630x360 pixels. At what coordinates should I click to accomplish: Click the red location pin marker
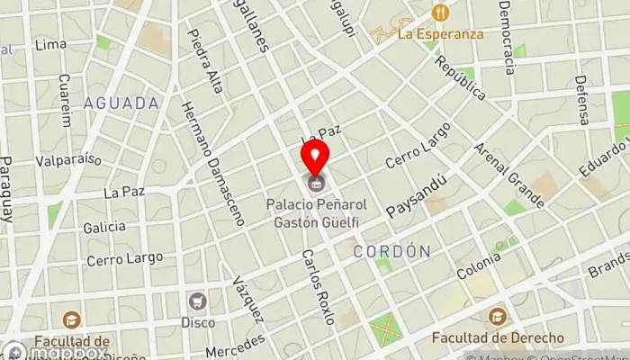(314, 157)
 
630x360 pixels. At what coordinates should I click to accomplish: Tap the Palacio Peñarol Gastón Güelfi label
(314, 212)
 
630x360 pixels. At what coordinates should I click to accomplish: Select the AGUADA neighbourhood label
(121, 103)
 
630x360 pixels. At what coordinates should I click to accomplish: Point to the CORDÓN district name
(391, 251)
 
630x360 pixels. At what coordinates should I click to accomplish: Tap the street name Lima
(49, 45)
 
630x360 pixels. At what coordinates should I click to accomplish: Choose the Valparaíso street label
(68, 160)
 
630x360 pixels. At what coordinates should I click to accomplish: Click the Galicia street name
(104, 228)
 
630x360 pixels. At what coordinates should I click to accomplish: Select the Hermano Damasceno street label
(212, 161)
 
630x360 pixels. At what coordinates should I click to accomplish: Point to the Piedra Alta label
(205, 61)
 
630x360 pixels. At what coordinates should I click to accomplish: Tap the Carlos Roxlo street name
(318, 286)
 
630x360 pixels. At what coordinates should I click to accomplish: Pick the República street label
(460, 77)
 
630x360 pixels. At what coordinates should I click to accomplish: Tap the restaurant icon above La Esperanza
(440, 13)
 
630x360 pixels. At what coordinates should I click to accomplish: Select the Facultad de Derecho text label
(497, 337)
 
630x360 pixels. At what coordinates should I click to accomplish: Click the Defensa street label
(583, 99)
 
